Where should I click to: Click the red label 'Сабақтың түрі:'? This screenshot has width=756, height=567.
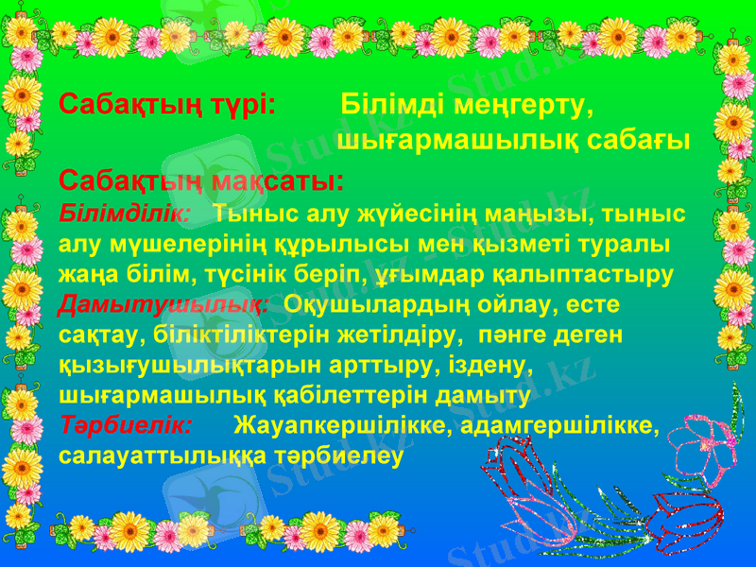[166, 103]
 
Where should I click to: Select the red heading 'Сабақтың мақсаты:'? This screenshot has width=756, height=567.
[200, 180]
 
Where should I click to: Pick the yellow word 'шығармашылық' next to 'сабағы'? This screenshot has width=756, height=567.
[456, 142]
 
